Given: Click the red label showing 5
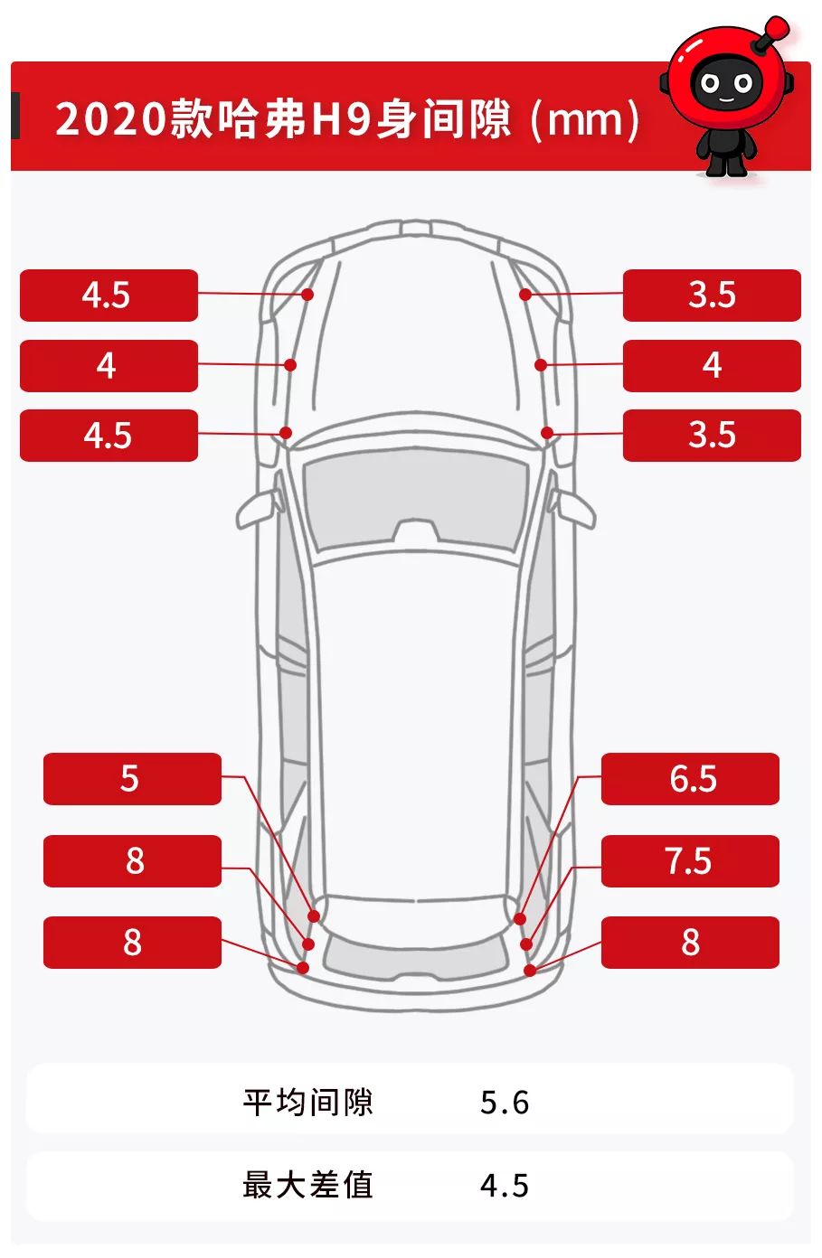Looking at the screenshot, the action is (x=132, y=778).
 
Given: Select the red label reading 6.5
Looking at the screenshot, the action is (x=690, y=778).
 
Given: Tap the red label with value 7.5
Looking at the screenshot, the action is (x=690, y=861).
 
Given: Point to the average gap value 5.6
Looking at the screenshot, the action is (x=504, y=1103).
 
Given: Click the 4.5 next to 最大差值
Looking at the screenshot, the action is (x=504, y=1186).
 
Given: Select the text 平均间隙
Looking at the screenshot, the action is (x=307, y=1102).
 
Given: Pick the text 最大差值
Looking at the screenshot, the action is (x=307, y=1185).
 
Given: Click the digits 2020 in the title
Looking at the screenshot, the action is (x=111, y=118).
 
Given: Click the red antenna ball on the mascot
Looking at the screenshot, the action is (x=777, y=26).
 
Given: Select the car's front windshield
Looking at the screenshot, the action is (x=415, y=499).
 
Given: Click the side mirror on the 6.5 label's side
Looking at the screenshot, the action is (x=575, y=508).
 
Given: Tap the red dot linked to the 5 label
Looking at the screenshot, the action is (x=314, y=916).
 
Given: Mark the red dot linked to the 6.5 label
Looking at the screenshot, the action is (x=520, y=918).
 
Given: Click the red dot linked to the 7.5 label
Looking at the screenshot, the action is (x=526, y=944).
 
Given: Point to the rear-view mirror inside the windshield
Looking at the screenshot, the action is (x=415, y=531).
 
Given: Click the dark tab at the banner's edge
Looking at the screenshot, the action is (x=15, y=115).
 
